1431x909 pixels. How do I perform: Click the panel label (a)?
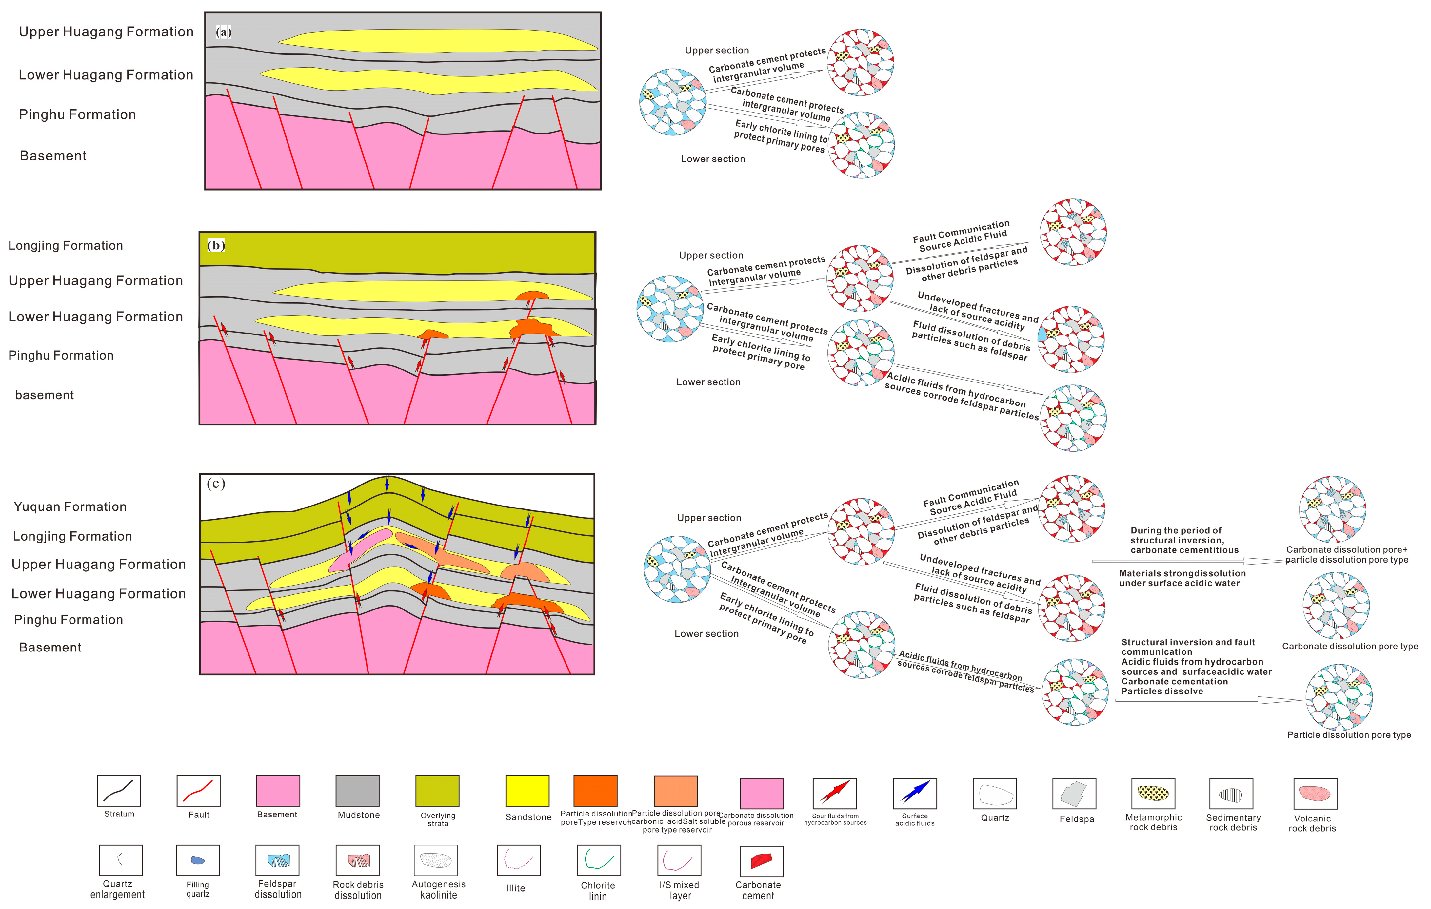point(224,32)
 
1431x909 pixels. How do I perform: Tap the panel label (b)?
point(216,245)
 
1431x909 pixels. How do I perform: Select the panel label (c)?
point(216,483)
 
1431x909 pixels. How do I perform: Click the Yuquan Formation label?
point(70,506)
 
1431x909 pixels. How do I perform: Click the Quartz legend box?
point(995,794)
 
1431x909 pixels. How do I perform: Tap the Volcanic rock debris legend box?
point(1315,794)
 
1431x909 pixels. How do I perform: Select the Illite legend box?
point(518,860)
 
